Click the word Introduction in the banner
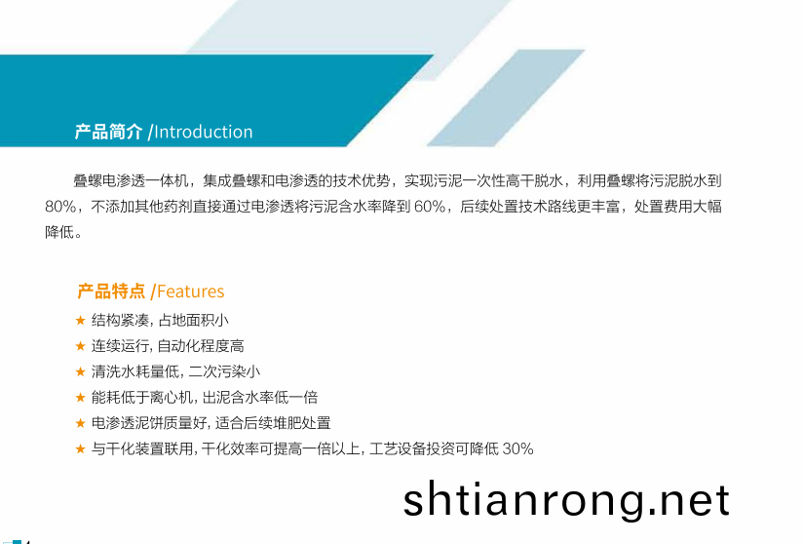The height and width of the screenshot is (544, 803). (x=204, y=133)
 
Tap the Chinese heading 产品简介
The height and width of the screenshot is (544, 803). (x=108, y=132)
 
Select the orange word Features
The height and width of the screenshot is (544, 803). (x=190, y=291)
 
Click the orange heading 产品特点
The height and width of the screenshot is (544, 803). (x=111, y=291)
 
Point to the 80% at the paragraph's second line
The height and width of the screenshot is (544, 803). (x=60, y=207)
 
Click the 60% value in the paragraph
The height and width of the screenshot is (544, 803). (x=430, y=207)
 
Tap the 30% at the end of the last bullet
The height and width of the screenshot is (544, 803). (x=517, y=448)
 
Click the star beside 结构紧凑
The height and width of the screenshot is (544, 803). (x=81, y=320)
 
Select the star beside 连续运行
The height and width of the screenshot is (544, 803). (x=81, y=346)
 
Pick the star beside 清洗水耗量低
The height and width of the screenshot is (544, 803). (x=81, y=371)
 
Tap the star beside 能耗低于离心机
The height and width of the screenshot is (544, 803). (x=81, y=397)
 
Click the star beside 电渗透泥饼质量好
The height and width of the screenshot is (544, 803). (x=81, y=423)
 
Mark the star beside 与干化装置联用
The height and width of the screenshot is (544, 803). (x=81, y=448)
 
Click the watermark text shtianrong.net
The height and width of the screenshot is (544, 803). (x=566, y=499)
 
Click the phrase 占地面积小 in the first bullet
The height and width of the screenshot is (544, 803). (x=194, y=320)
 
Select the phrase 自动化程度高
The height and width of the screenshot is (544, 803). (x=201, y=346)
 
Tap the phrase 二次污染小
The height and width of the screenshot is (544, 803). (x=224, y=371)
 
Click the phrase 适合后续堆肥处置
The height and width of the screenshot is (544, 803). (x=273, y=423)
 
